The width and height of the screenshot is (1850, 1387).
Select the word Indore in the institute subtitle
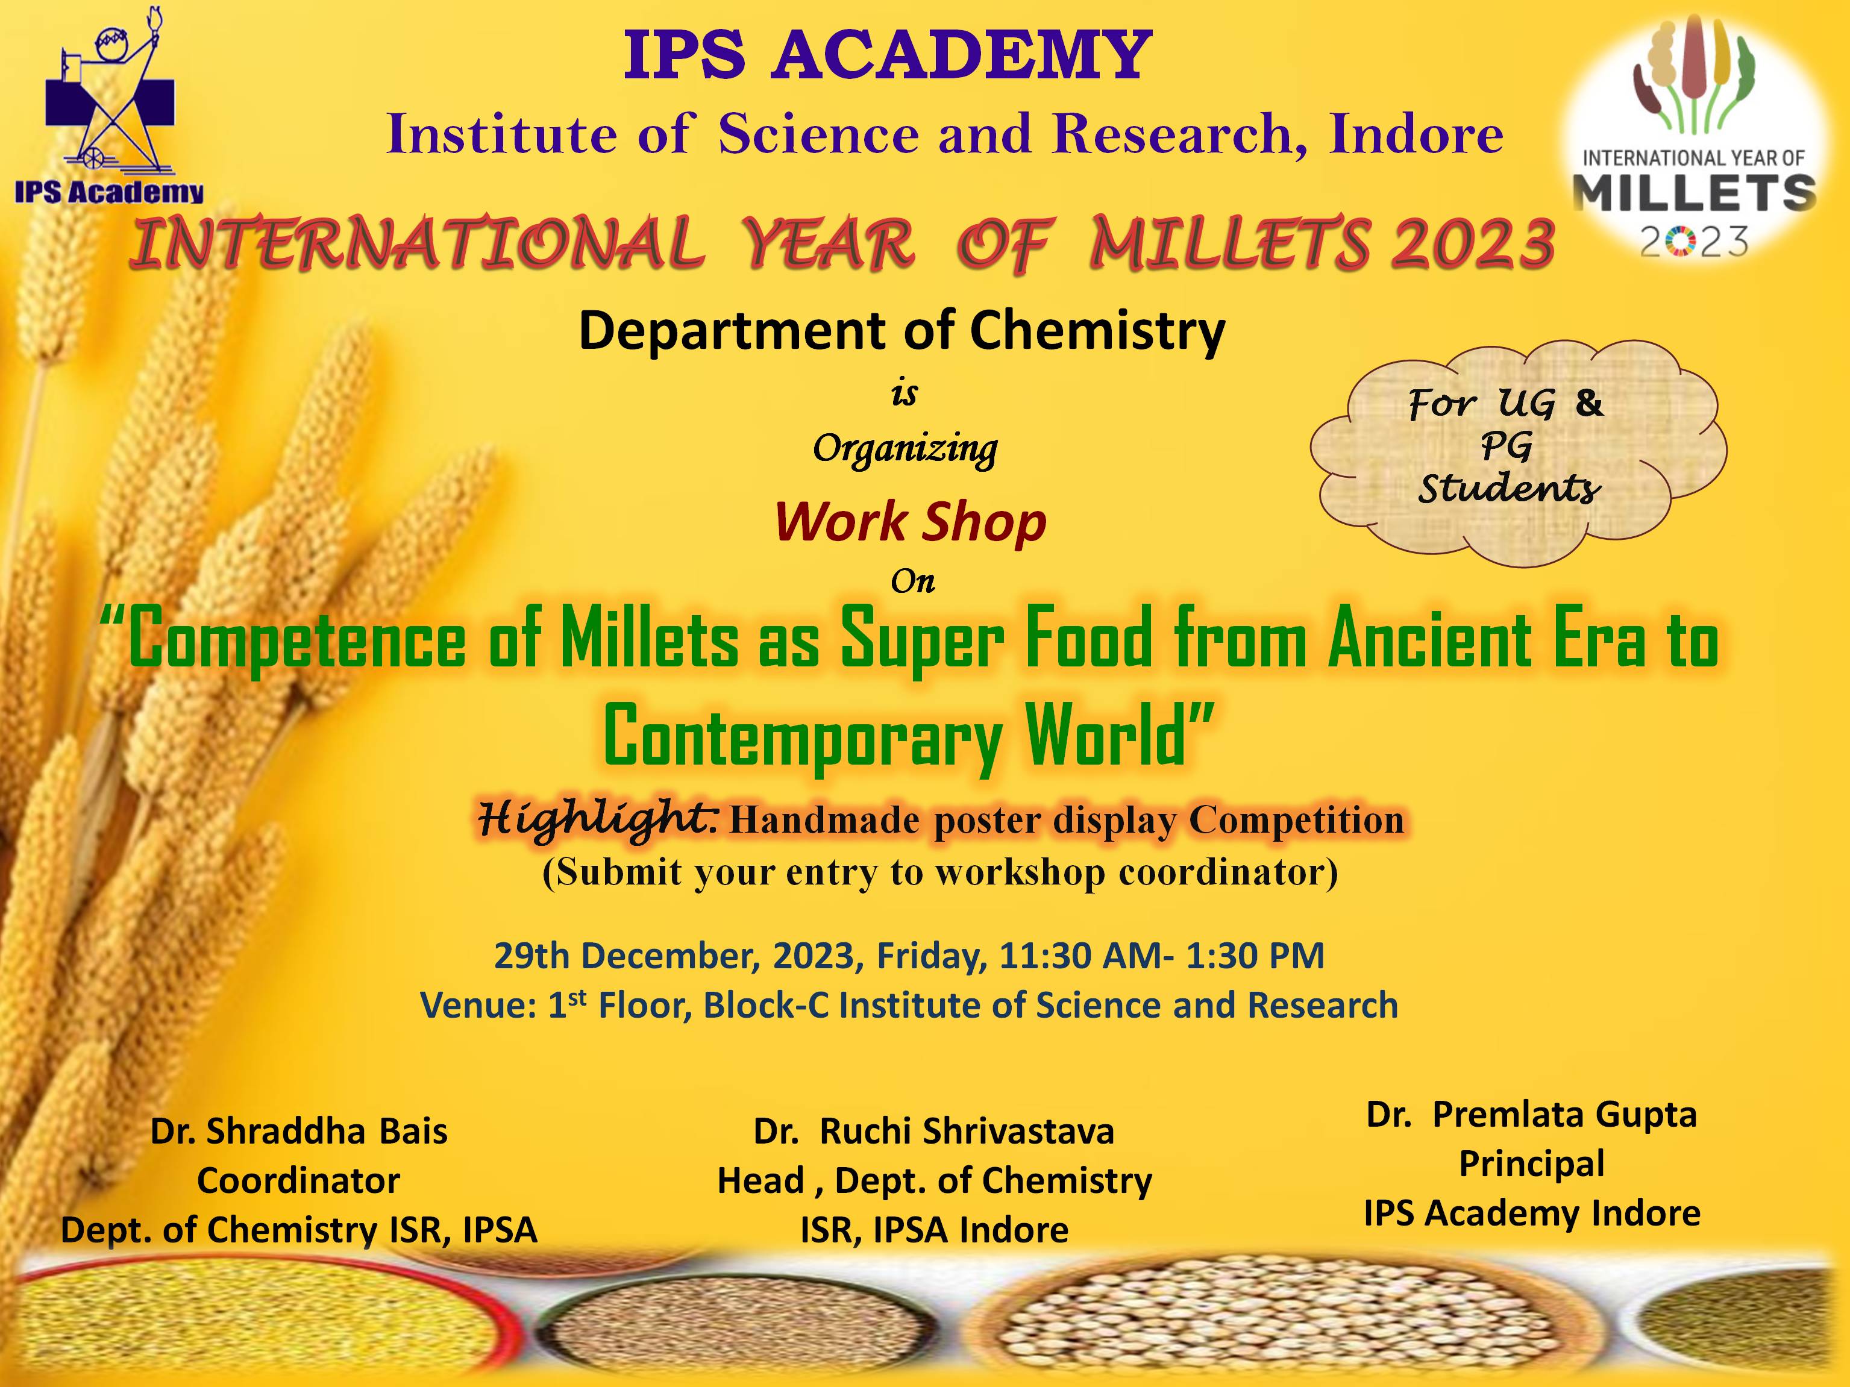pyautogui.click(x=1416, y=134)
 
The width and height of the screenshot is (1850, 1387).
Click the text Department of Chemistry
pyautogui.click(x=901, y=331)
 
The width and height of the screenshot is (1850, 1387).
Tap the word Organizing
pyautogui.click(x=905, y=451)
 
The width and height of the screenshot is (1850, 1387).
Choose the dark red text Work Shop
pyautogui.click(x=910, y=522)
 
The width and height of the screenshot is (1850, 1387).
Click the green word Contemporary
pyautogui.click(x=803, y=736)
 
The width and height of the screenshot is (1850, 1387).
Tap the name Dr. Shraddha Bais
pyautogui.click(x=298, y=1131)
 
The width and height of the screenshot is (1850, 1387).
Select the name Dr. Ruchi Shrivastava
pyautogui.click(x=933, y=1131)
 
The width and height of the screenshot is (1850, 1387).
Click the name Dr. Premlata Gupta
pyautogui.click(x=1531, y=1115)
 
